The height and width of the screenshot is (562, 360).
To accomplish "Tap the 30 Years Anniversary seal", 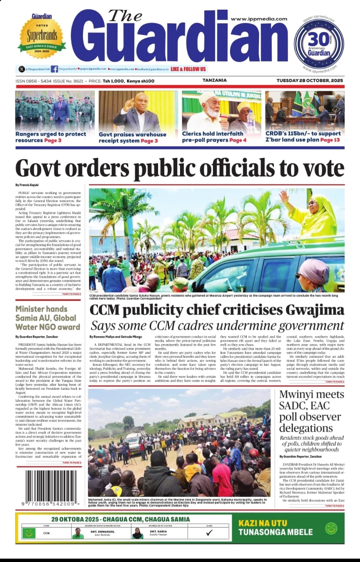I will (x=319, y=44).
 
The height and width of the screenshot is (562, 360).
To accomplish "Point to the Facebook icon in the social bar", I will (x=54, y=69).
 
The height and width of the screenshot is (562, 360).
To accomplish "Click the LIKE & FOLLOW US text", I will (x=188, y=69).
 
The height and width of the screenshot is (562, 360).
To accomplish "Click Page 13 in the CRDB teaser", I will (x=330, y=140).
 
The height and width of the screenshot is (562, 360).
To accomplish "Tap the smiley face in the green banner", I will (x=331, y=528).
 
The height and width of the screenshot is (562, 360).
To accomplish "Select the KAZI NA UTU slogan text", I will (x=263, y=523).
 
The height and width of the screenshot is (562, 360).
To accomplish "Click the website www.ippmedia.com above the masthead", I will (x=259, y=19).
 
